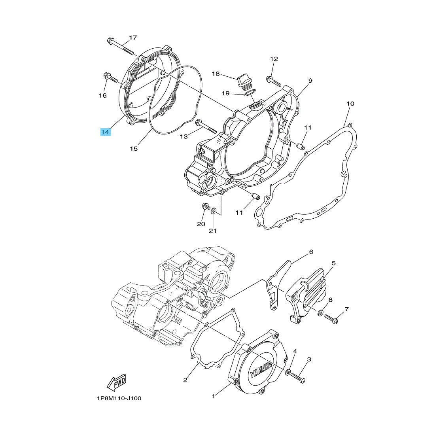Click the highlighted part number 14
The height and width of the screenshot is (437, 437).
[105, 132]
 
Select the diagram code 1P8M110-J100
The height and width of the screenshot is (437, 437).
[119, 398]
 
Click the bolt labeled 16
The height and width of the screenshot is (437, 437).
[110, 78]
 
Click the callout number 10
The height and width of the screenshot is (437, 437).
[350, 104]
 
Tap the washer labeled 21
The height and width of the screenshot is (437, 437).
[214, 210]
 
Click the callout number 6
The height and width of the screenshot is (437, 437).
[311, 252]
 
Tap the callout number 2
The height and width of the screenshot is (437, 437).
[185, 380]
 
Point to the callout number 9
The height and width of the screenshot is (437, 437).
[310, 81]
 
